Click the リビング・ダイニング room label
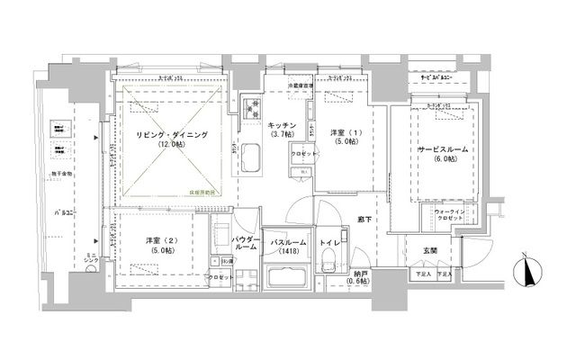coord(172,134)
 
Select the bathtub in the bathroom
coord(285,276)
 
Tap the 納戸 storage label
coord(361,276)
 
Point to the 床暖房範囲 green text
coord(206,191)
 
